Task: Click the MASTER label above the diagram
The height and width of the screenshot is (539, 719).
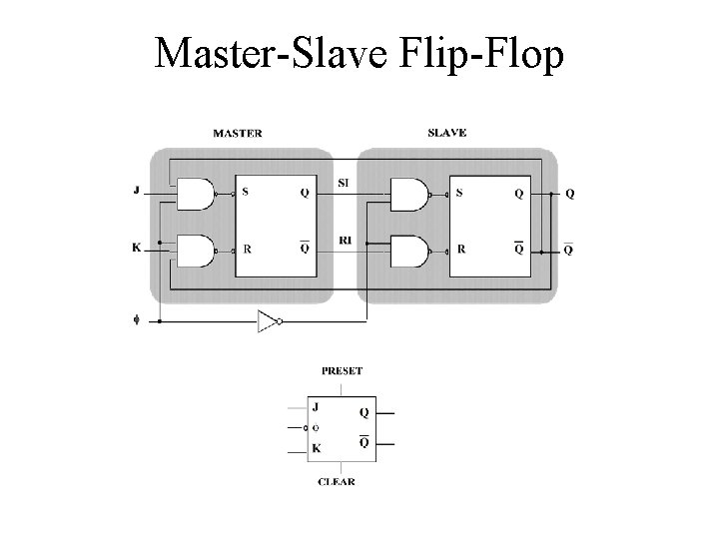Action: pos(238,133)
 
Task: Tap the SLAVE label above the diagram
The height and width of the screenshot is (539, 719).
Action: pos(446,133)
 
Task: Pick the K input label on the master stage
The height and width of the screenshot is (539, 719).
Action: pos(136,247)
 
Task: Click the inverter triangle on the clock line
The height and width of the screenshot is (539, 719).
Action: pos(267,320)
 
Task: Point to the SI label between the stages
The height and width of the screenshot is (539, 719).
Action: pos(345,183)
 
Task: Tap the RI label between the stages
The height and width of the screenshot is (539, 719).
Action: pos(345,240)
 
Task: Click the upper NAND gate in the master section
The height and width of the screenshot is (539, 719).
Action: pos(197,194)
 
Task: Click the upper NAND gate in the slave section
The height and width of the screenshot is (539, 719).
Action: pos(407,194)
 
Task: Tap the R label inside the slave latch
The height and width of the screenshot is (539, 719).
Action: pos(460,249)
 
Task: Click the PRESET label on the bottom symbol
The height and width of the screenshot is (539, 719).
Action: pos(342,370)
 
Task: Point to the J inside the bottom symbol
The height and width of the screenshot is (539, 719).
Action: pos(316,407)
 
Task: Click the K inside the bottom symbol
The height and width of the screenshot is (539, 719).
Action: pos(316,449)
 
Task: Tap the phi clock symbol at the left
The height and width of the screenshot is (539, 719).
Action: pos(137,320)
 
